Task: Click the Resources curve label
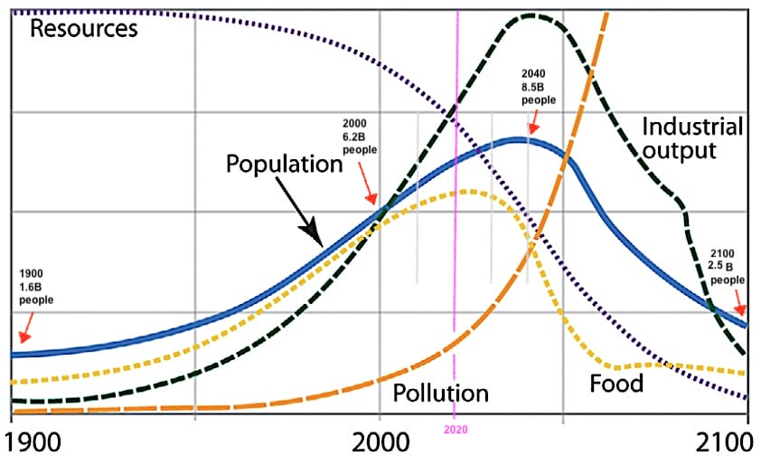click(84, 28)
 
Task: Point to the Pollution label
click(441, 393)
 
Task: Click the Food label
click(616, 384)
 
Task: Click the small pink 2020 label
click(454, 432)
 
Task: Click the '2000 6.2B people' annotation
click(360, 136)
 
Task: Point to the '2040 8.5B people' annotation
click(540, 87)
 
